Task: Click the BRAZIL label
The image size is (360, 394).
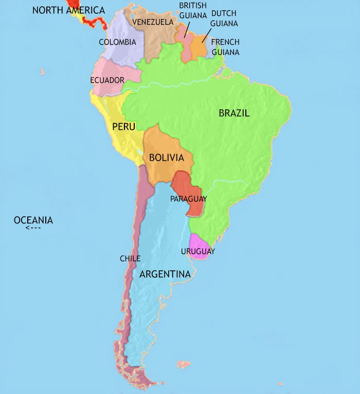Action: point(234,113)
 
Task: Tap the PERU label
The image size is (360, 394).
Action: point(123,126)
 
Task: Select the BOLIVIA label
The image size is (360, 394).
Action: point(166,158)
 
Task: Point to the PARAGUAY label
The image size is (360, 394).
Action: point(189,199)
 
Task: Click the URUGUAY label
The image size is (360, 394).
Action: point(198,251)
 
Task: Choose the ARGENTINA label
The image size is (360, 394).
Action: point(165,274)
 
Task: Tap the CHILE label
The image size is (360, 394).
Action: point(130,258)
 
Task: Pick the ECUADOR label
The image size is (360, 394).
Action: point(107,80)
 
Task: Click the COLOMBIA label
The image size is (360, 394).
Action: point(117,42)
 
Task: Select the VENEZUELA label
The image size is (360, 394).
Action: point(153,22)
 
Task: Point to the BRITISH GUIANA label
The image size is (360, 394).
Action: point(193,10)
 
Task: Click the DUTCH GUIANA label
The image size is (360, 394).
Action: point(224,18)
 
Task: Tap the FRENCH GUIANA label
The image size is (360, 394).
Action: point(225,47)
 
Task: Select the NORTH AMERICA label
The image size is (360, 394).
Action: point(68,10)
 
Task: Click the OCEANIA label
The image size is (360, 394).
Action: point(33,220)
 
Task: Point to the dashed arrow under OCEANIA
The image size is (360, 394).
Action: point(33,228)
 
